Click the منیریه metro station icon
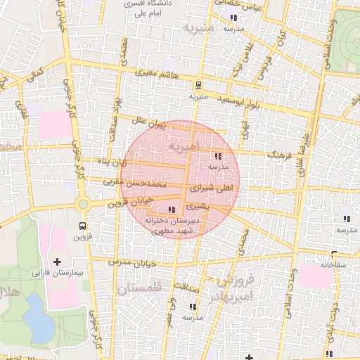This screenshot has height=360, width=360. (198, 86)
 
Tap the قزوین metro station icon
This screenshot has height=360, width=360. (83, 226)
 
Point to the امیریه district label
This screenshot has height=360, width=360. (184, 145)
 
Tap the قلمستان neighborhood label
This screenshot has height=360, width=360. (139, 288)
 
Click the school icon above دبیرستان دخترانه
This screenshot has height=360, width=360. (173, 210)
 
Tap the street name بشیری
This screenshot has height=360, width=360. (198, 207)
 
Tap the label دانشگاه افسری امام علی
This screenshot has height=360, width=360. (143, 8)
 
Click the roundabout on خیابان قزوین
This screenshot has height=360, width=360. (83, 204)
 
